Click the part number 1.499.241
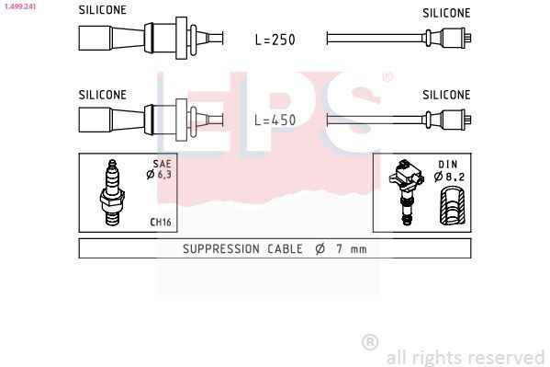20,6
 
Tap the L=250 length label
275,40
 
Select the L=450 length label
275,120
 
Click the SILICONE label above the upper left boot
103,10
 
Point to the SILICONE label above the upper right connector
446,13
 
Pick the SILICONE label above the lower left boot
103,95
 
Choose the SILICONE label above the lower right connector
446,95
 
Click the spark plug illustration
112,192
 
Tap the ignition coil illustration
406,192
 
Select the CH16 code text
161,223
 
